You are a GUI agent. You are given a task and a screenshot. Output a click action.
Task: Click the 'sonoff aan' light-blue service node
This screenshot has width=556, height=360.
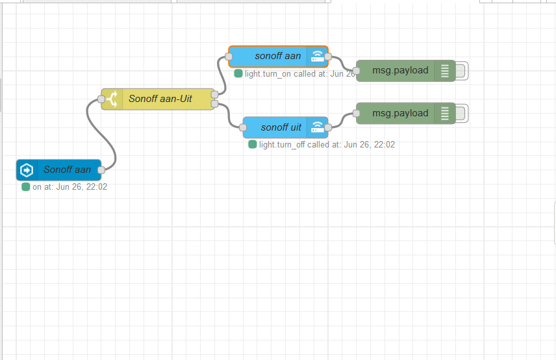277,57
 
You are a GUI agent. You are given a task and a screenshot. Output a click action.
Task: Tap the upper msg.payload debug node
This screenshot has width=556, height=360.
399,70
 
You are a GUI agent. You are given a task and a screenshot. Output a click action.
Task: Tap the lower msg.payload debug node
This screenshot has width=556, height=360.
399,114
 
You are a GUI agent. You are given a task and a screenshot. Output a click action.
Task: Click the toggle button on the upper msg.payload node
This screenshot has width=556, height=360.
461,71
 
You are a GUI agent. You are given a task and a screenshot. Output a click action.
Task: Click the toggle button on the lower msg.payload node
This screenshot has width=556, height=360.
461,114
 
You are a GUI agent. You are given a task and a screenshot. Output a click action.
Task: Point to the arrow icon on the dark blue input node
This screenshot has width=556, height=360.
27,170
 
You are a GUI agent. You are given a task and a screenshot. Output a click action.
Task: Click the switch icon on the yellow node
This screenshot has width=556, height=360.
111,99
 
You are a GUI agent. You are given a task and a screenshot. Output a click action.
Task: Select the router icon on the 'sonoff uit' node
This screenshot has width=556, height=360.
318,127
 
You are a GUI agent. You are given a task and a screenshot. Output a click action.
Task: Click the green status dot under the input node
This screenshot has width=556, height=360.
26,186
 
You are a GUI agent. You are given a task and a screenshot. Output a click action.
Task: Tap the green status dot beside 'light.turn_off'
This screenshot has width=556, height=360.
253,144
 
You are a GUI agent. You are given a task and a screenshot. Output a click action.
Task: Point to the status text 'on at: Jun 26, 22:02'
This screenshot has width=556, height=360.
69,186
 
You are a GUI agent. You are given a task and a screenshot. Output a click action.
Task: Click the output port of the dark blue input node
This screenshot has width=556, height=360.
101,170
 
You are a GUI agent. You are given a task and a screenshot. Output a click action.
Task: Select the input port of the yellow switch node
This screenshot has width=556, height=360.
101,99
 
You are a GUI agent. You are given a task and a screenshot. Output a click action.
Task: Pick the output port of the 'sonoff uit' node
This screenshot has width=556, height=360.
328,127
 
